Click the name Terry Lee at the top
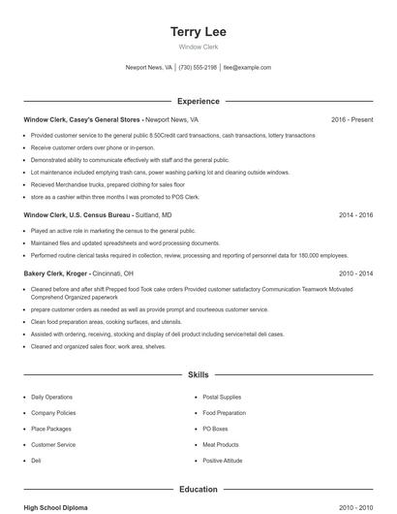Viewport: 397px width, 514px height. (x=198, y=31)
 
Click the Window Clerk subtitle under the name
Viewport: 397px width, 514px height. (x=198, y=47)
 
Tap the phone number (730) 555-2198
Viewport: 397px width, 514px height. (x=198, y=68)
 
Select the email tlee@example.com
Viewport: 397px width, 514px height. (x=247, y=68)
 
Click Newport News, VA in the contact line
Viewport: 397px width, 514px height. (x=149, y=68)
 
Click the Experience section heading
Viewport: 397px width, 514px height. (x=198, y=101)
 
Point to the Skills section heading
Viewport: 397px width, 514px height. (x=198, y=373)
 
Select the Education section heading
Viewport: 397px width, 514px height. (x=198, y=490)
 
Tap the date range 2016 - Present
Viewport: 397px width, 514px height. (x=351, y=119)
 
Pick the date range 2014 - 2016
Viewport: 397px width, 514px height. (x=355, y=214)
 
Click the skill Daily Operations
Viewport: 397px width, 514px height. (x=51, y=397)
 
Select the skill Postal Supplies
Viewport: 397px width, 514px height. (x=223, y=397)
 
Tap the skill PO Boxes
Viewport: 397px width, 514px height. (x=215, y=429)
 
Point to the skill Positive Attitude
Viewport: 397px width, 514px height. (x=223, y=461)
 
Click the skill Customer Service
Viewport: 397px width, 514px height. (x=53, y=444)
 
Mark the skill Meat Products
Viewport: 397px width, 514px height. (x=220, y=444)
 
